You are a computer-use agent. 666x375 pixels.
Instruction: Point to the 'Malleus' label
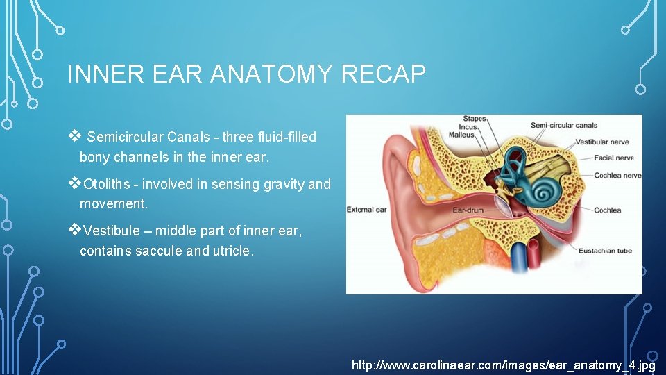click(x=461, y=135)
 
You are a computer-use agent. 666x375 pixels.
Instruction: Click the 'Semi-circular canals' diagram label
click(x=563, y=126)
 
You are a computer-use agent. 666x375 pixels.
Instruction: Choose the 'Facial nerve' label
click(x=614, y=158)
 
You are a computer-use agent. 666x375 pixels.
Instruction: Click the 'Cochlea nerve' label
click(x=617, y=176)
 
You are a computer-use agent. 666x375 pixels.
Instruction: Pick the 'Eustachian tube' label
click(x=606, y=251)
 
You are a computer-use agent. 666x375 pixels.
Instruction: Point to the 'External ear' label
click(x=366, y=209)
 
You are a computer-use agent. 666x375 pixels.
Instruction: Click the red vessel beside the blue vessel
click(x=534, y=260)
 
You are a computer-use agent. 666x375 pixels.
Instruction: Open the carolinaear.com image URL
click(x=504, y=365)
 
